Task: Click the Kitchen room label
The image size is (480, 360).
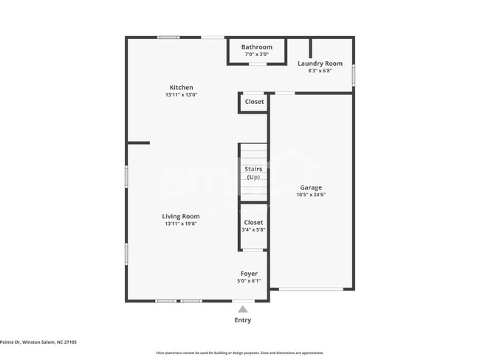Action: pos(181,87)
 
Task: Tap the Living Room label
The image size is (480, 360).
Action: pos(181,216)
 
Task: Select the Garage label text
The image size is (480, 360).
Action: pos(310,187)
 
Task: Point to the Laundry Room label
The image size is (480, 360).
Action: pos(320,63)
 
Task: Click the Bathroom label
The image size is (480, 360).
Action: pos(256,47)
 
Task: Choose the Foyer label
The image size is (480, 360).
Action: pos(249,274)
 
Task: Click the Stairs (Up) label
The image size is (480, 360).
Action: pos(253,173)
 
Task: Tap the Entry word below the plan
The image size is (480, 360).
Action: pos(242,320)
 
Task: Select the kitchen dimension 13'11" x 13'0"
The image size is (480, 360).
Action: pos(181,95)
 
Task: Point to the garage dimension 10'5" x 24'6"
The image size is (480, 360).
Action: pos(310,195)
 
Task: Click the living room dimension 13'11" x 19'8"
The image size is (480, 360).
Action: pos(181,224)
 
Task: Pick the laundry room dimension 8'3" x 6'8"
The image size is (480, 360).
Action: pos(320,71)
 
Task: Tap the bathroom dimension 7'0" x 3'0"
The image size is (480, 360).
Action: pos(256,55)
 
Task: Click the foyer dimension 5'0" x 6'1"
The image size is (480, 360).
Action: pos(249,281)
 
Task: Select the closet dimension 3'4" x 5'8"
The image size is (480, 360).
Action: pos(253,230)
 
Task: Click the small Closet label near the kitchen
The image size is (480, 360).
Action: pos(254,102)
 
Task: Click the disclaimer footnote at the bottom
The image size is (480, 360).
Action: pos(239,353)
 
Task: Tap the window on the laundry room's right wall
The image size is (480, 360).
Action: pos(354,75)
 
